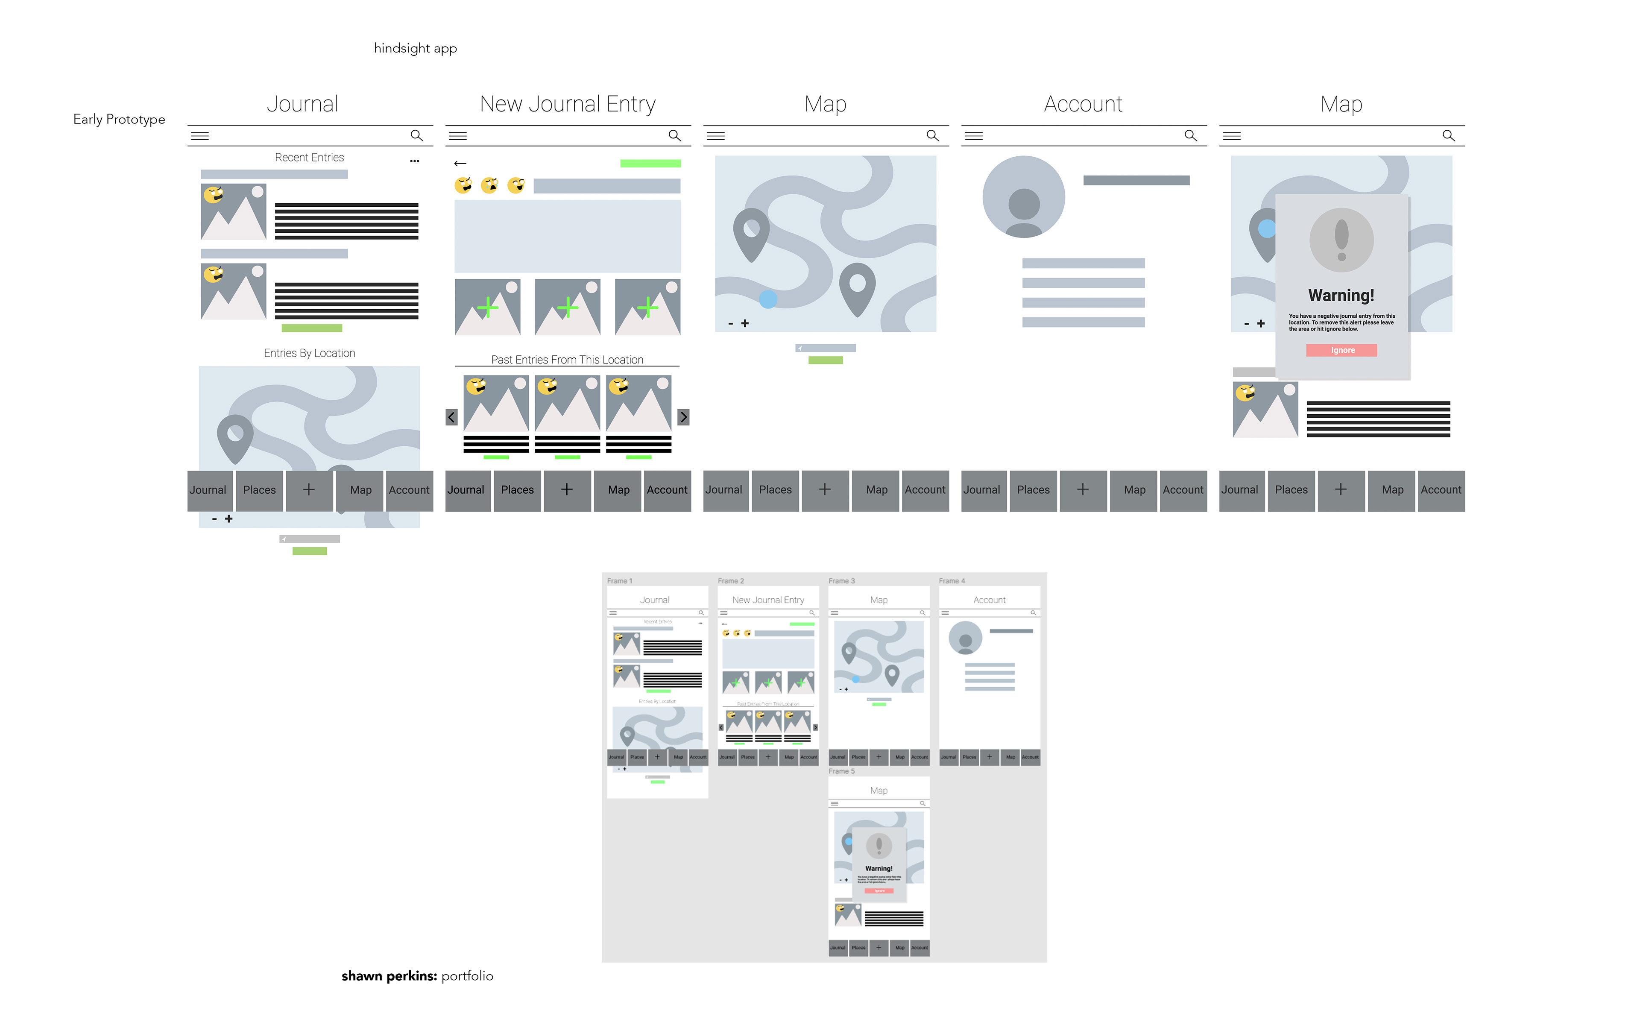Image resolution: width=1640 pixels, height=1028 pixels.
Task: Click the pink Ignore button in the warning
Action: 1341,350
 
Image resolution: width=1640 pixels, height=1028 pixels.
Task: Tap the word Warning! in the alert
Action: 1341,295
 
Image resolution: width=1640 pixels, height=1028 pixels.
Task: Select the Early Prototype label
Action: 119,120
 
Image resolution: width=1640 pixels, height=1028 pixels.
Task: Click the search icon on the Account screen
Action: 1191,135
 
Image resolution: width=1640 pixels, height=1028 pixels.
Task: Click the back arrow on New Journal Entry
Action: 460,163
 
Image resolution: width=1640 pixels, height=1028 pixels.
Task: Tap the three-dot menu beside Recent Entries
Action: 414,161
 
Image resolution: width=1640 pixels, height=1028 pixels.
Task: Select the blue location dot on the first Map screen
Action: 767,299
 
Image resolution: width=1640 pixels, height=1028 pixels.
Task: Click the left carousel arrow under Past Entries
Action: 451,417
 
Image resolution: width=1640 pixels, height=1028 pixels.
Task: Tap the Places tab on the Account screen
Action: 1033,490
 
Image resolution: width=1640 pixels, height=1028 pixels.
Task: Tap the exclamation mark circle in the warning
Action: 1341,240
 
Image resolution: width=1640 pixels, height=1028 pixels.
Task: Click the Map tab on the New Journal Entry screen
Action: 618,490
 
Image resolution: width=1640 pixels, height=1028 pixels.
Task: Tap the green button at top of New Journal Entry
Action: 650,163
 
